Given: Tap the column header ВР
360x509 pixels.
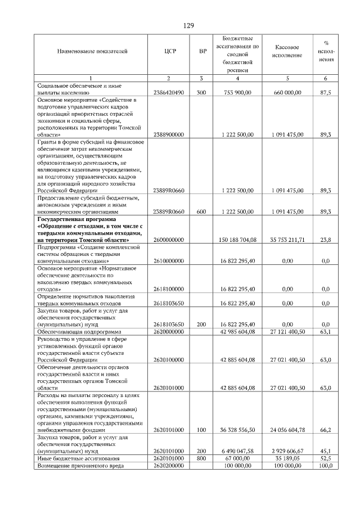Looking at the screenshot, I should (x=203, y=51).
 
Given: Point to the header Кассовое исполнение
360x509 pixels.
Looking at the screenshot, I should (x=287, y=51).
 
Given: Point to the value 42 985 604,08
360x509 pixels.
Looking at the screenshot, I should (x=238, y=332).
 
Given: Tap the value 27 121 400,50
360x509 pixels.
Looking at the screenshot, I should (x=287, y=332).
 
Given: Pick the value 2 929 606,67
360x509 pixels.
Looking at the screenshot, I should (x=287, y=451).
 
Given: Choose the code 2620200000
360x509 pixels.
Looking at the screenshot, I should (x=169, y=466).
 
